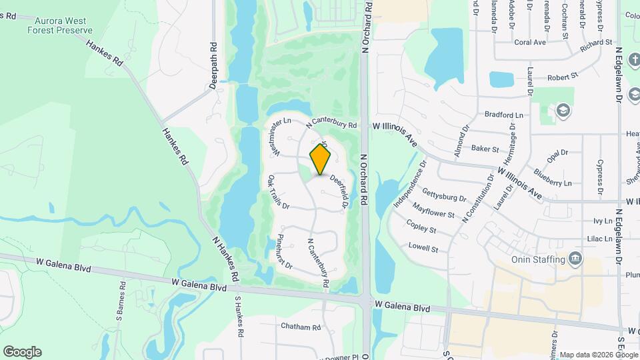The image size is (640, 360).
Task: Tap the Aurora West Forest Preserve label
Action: tap(61, 25)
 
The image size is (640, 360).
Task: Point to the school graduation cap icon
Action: tap(564, 110)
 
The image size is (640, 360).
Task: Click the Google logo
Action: tap(22, 352)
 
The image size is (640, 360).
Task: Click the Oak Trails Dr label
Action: tap(278, 192)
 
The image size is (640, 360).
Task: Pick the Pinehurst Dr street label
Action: tap(284, 251)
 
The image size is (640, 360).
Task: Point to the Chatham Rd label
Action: tap(301, 327)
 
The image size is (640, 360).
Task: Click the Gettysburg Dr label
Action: tap(444, 198)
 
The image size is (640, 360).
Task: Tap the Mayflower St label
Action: tap(433, 211)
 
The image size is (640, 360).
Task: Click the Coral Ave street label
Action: tap(530, 42)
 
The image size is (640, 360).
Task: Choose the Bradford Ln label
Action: tap(504, 115)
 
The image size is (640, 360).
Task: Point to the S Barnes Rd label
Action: tap(123, 299)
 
